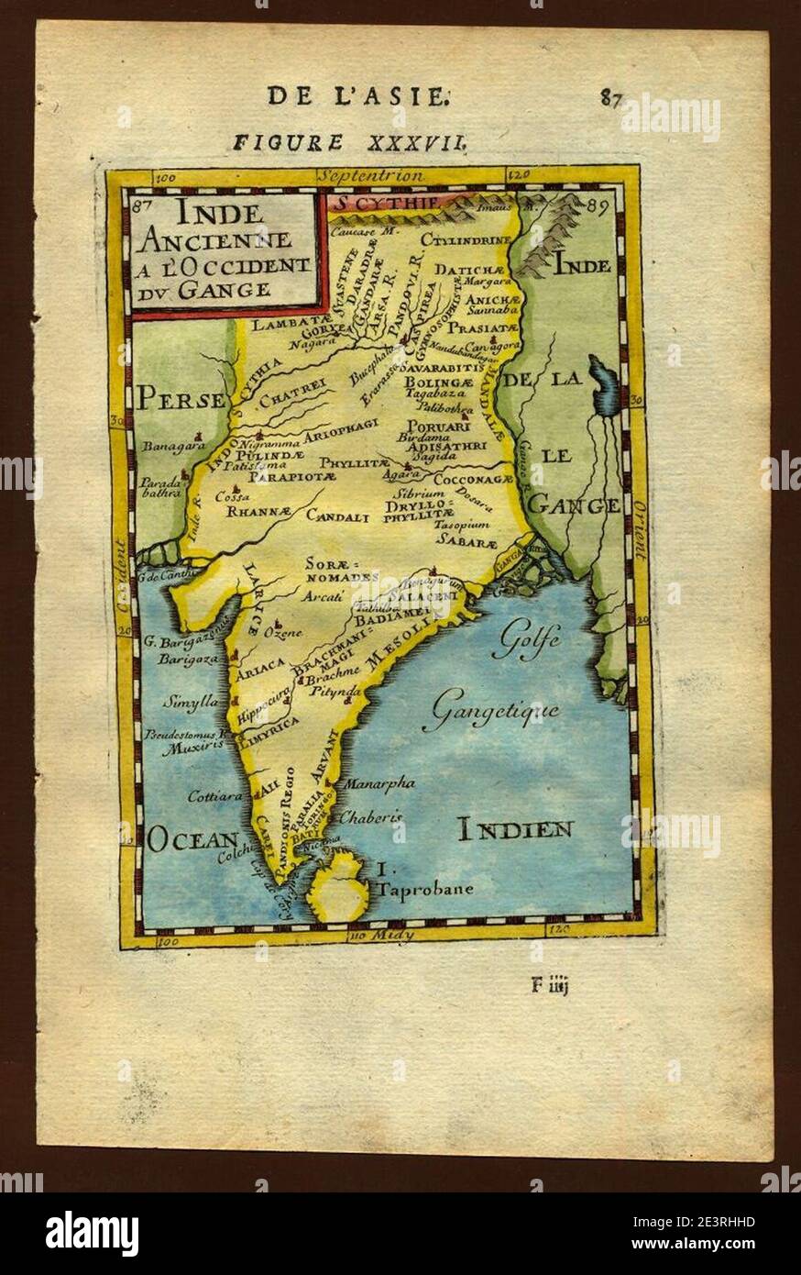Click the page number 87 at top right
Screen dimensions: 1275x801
pyautogui.click(x=612, y=97)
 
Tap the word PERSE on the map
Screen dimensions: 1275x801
pyautogui.click(x=181, y=399)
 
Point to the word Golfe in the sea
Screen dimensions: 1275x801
pyautogui.click(x=525, y=642)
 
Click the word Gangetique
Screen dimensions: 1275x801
pyautogui.click(x=495, y=711)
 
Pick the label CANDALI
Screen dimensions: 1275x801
pyautogui.click(x=337, y=516)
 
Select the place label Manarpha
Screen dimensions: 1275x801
pyautogui.click(x=379, y=783)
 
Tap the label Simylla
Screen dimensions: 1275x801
pyautogui.click(x=190, y=703)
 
